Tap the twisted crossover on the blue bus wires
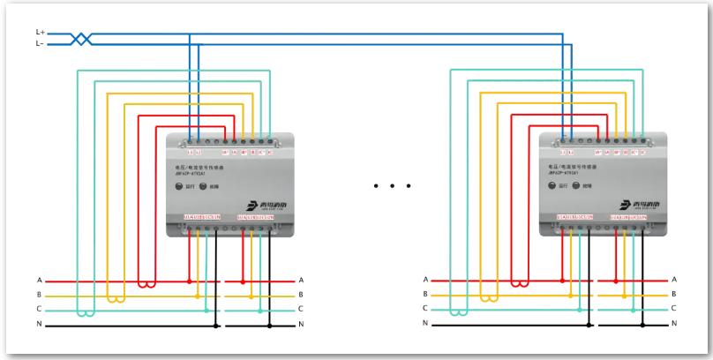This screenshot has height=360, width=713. pos(80,37)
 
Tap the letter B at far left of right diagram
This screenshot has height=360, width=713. pos(425,295)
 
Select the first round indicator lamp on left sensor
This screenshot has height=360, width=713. pos(180,186)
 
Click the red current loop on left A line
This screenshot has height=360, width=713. pos(146,285)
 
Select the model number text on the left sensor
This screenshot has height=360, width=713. pos(193,173)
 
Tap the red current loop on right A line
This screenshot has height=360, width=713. pos(519,285)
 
